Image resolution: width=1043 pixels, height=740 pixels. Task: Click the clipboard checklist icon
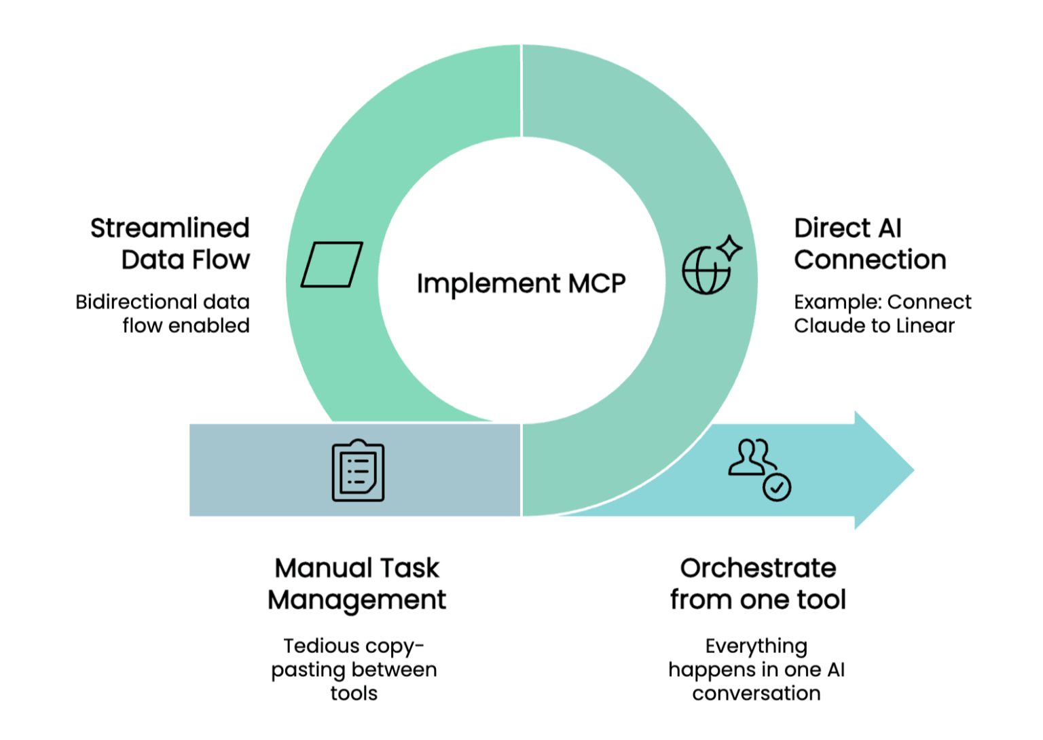[358, 471]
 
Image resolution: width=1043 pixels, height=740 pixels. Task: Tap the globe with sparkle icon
[710, 266]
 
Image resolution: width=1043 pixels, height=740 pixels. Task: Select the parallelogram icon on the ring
[331, 264]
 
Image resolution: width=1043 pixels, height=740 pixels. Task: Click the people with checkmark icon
[758, 470]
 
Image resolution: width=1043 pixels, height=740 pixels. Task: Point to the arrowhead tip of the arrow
[911, 470]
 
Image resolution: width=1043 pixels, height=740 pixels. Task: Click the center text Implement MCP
[521, 283]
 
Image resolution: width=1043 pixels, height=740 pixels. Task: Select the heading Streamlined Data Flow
[170, 243]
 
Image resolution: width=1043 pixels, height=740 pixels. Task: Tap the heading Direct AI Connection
[869, 243]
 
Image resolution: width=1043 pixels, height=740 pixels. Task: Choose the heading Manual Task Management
[357, 584]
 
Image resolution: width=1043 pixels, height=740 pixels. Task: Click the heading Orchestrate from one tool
[758, 584]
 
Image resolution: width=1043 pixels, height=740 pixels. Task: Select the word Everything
[756, 646]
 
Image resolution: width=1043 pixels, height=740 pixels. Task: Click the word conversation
[756, 693]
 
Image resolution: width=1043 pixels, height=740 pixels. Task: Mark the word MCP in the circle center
[597, 283]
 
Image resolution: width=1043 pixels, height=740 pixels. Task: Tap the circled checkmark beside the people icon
[776, 487]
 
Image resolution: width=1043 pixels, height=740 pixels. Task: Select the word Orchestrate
[758, 568]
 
